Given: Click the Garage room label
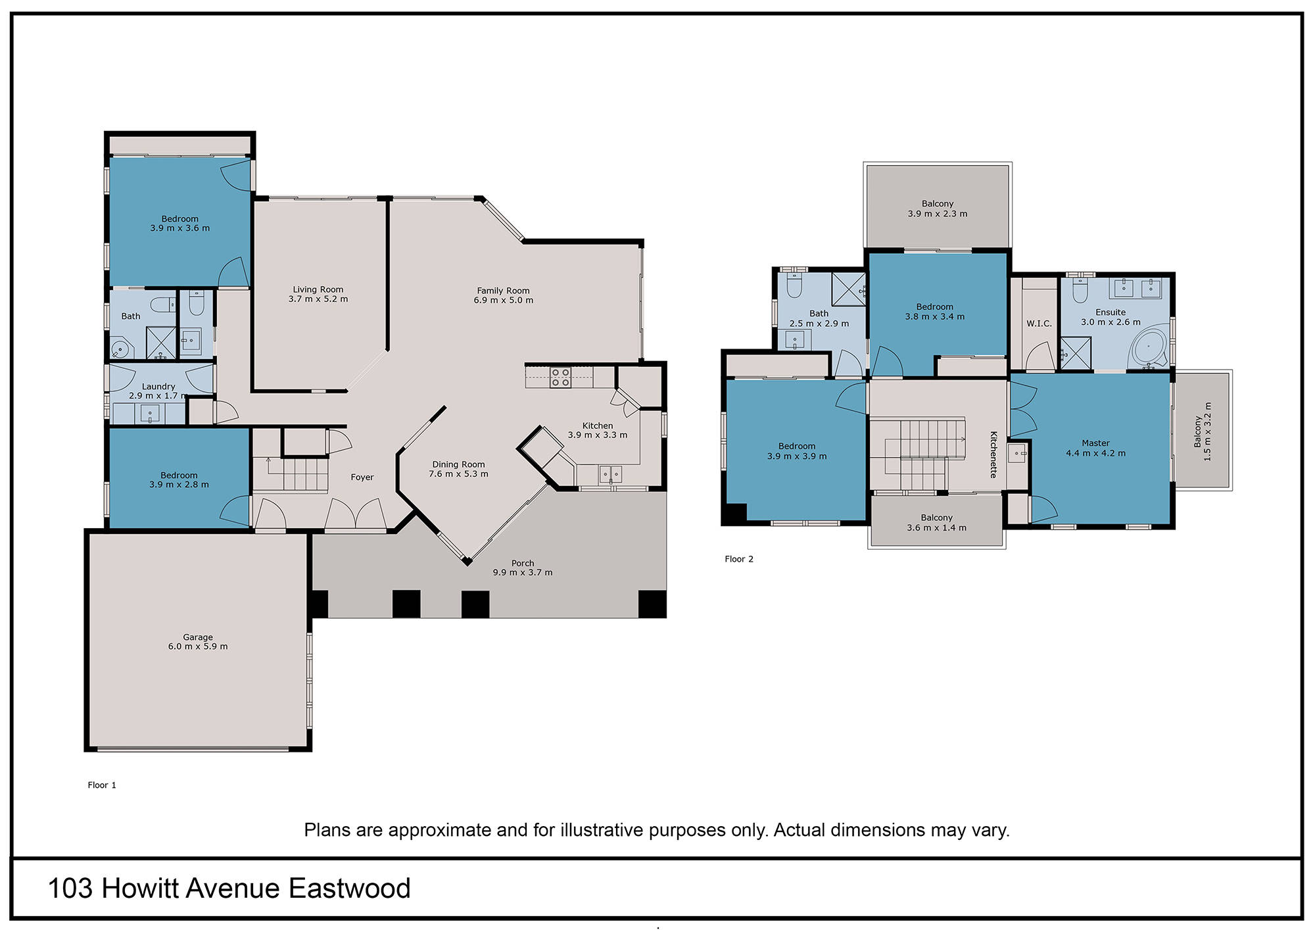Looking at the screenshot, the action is point(198,637).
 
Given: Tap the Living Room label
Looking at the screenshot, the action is point(318,289).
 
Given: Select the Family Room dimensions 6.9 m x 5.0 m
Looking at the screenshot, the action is point(504,300).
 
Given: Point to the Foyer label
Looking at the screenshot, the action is point(362,477).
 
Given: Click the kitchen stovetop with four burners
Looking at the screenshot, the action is point(560,377).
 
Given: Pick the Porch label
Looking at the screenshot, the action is point(523,563).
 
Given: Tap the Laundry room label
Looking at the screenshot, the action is point(158,387).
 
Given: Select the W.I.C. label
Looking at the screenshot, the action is point(1039,324).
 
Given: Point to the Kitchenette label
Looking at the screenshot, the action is point(993,454).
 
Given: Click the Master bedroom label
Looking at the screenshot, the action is point(1095,443).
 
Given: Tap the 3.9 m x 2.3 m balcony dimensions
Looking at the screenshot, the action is point(938,214).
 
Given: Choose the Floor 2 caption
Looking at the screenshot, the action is point(739,559).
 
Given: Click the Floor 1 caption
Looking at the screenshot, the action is point(102,785).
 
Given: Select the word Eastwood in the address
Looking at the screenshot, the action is point(350,889).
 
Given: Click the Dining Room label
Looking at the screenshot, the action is point(458,464).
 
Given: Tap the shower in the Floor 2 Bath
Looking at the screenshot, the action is point(849,289).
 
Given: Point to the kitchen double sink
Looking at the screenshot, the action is point(610,474).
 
